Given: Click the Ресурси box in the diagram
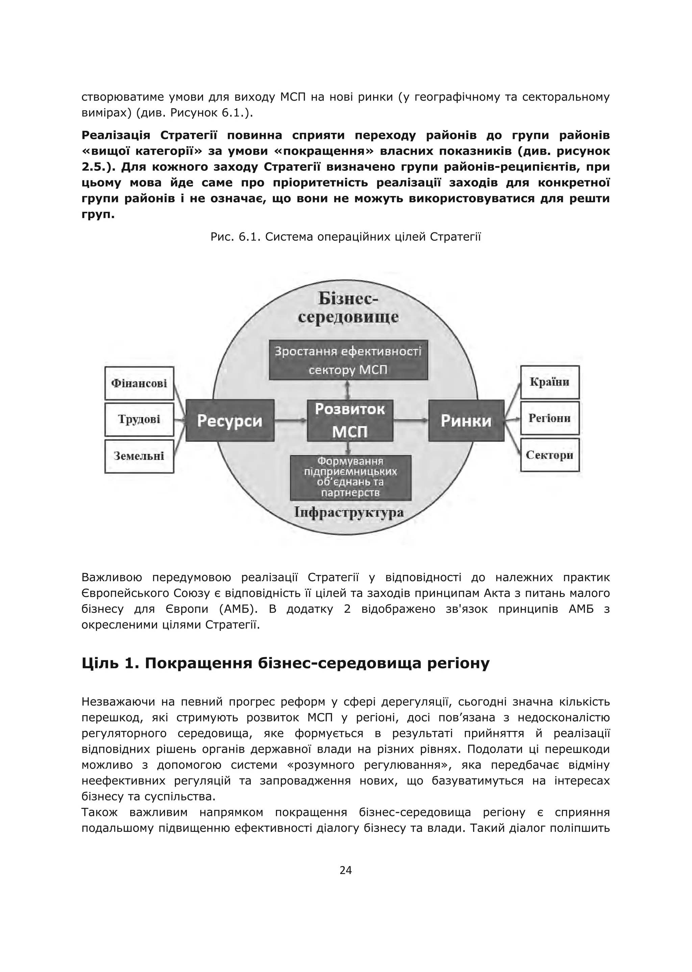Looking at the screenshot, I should pyautogui.click(x=230, y=420).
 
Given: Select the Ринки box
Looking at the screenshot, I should pyautogui.click(x=466, y=420).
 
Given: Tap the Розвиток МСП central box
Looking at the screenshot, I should pyautogui.click(x=350, y=420).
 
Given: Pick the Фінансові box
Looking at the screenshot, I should pyautogui.click(x=139, y=383).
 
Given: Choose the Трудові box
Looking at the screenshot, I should pyautogui.click(x=139, y=419).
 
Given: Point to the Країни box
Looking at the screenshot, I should pyautogui.click(x=550, y=382).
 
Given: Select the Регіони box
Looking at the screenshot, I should pyautogui.click(x=550, y=418).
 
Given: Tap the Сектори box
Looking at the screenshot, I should pyautogui.click(x=550, y=455).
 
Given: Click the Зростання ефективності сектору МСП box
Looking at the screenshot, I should pyautogui.click(x=348, y=360).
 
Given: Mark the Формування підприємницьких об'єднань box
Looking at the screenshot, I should pyautogui.click(x=350, y=478).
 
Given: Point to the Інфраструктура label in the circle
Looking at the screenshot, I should pyautogui.click(x=349, y=512).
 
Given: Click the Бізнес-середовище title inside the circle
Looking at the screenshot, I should pyautogui.click(x=348, y=308).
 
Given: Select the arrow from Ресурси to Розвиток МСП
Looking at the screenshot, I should pyautogui.click(x=291, y=420).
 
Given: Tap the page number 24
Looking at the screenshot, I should pyautogui.click(x=346, y=870).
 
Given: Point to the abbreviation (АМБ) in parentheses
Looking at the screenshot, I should pyautogui.click(x=239, y=609).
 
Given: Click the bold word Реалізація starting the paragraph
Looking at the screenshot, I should pyautogui.click(x=116, y=135).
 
